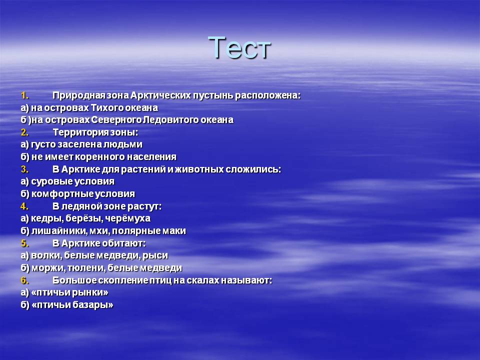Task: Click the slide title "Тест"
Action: coord(239,47)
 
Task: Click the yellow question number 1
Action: coord(25,95)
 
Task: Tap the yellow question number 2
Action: coord(25,132)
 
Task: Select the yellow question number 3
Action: coord(25,169)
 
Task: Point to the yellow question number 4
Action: coord(25,206)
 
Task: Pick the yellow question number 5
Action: coord(25,243)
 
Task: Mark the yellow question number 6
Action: coord(25,280)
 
